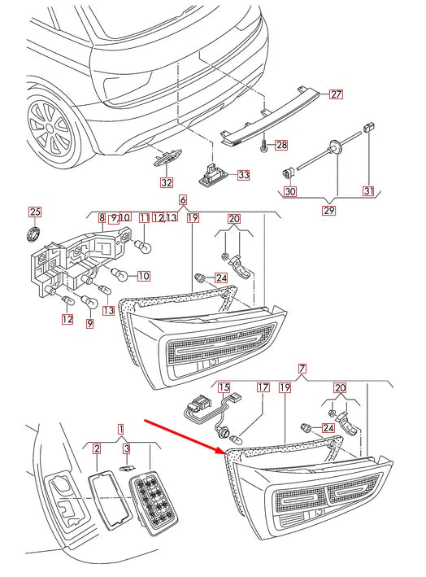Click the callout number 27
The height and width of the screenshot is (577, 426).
coord(336,94)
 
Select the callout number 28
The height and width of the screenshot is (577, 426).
coord(280,146)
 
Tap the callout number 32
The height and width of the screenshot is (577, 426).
coord(166,181)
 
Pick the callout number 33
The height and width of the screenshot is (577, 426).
coord(243,174)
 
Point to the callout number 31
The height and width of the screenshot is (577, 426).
coord(368,191)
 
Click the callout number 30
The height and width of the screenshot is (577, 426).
coord(289,191)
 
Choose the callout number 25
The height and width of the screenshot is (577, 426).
coord(34,212)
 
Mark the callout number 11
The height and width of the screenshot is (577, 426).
coord(144,218)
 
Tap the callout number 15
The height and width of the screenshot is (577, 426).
coord(224,388)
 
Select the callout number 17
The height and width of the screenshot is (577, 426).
coord(263,388)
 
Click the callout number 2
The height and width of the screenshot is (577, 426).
coord(96,448)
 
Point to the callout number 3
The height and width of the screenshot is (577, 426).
coord(126,448)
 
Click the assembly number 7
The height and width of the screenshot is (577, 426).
coord(302,369)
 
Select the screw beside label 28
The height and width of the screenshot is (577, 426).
coord(265,146)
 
